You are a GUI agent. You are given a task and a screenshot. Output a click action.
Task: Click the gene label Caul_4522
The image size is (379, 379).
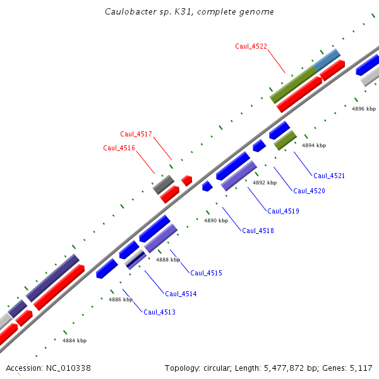251,46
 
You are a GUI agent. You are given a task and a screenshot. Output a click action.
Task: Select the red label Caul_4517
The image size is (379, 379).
136,134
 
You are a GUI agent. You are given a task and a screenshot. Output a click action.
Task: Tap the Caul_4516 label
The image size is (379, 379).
119,148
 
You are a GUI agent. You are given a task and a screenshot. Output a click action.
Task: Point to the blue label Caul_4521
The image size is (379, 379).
329,176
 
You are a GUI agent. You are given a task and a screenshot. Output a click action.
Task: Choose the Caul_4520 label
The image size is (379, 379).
309,191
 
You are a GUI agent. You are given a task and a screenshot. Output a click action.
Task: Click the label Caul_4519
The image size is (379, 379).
283,211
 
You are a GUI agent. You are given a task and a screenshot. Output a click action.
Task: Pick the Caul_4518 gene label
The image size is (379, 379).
258,231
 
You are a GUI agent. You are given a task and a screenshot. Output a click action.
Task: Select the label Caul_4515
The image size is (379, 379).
206,273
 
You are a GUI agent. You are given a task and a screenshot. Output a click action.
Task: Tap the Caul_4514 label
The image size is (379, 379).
181,294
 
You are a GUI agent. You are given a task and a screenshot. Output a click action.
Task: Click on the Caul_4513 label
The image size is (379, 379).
159,312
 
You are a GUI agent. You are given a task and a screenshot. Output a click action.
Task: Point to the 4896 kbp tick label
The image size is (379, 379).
364,109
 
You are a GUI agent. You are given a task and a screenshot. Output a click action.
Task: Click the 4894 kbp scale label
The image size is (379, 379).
314,145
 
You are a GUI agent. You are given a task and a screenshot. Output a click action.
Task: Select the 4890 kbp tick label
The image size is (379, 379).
215,221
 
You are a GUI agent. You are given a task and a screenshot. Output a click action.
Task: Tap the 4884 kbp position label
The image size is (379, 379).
75,340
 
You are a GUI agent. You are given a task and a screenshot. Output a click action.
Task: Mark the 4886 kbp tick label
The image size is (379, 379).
121,299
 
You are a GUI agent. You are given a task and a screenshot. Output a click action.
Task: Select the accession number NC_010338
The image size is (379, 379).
68,368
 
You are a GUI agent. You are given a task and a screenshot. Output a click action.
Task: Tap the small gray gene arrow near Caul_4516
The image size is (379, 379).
164,184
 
